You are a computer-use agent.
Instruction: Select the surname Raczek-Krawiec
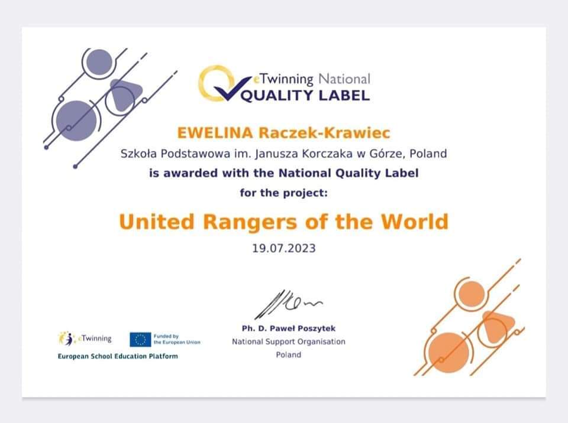324,133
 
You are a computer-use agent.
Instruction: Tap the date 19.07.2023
284,248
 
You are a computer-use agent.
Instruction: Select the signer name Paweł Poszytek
304,328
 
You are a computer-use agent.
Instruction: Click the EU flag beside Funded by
140,340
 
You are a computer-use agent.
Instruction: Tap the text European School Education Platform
118,356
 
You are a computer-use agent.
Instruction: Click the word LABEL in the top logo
344,96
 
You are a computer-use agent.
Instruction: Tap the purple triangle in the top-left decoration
124,95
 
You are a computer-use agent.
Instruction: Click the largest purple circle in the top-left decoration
76,121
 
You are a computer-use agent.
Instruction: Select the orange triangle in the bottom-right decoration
497,326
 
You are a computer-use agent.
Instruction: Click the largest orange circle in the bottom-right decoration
448,353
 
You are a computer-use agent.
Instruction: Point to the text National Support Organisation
289,341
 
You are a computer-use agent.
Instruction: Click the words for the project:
283,193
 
